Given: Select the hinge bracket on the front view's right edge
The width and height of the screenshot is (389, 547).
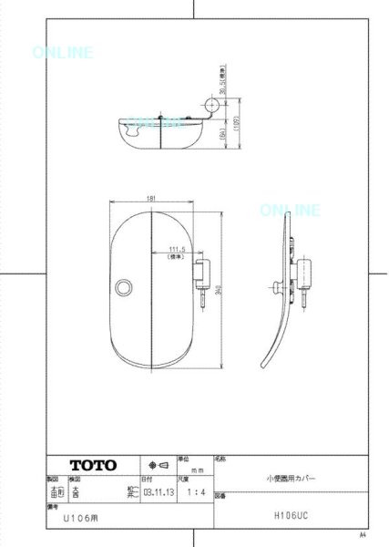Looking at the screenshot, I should (x=201, y=272).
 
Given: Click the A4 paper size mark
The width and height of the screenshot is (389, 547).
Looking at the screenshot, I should (x=362, y=535).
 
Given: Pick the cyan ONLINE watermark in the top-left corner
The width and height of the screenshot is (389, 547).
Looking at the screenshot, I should (x=62, y=53).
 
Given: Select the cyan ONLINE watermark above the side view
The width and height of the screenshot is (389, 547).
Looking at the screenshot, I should (x=290, y=211).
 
